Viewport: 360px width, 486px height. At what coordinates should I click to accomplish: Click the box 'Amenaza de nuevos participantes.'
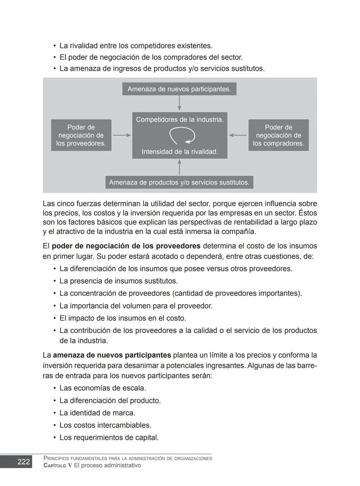pos(179,89)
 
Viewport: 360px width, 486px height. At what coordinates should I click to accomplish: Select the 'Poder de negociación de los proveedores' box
pos(81,135)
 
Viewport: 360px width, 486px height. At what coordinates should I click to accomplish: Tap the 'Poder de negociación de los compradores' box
pos(278,135)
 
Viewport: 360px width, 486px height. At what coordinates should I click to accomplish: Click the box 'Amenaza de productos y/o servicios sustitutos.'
pos(179,182)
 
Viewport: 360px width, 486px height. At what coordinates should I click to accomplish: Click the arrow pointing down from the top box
pos(179,103)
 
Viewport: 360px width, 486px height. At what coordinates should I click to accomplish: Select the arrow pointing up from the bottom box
pos(179,167)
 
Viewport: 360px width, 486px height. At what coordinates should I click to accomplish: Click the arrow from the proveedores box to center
pos(122,135)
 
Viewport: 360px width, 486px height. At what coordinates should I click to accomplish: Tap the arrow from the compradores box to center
pos(238,135)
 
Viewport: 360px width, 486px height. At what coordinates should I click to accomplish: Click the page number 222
pos(23,462)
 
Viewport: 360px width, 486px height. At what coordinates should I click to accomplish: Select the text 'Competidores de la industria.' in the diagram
pos(180,120)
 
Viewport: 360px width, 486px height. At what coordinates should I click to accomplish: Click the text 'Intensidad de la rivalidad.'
pos(180,152)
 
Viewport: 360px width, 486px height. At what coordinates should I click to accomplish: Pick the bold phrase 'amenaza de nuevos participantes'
pos(112,355)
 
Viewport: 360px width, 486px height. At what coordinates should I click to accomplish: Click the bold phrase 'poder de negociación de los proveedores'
pos(126,246)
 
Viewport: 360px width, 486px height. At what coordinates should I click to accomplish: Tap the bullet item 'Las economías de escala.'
pos(103,388)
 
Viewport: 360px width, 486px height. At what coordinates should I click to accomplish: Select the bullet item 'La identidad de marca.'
pos(97,413)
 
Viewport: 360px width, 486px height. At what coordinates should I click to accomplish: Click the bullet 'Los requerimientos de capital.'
pos(109,438)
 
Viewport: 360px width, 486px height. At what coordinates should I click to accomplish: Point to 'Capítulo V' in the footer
pos(58,466)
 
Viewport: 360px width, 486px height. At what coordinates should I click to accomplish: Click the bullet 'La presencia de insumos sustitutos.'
pos(118,281)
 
